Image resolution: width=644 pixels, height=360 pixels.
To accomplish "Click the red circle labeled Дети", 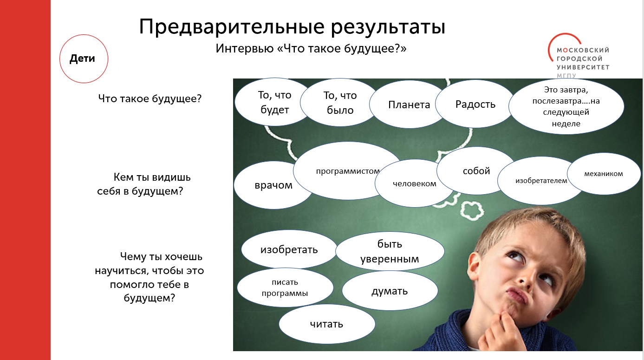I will [84, 59].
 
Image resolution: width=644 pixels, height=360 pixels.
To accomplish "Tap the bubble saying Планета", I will [409, 105].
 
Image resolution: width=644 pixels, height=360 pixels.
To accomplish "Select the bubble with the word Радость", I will [475, 104].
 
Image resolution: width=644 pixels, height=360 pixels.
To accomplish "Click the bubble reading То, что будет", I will [274, 102].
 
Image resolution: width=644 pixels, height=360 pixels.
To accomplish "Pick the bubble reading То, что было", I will [338, 103].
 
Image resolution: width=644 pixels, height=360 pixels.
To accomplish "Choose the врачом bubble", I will [273, 185].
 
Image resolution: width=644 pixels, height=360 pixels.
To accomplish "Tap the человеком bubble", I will [414, 184].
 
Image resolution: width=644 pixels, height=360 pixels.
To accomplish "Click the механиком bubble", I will [603, 174].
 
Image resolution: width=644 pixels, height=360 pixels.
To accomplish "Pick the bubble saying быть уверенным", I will [390, 252].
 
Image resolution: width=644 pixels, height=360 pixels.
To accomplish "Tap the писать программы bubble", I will [285, 288].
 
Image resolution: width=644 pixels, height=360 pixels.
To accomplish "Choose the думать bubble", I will [390, 291].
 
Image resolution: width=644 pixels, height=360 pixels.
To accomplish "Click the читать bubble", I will [326, 324].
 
